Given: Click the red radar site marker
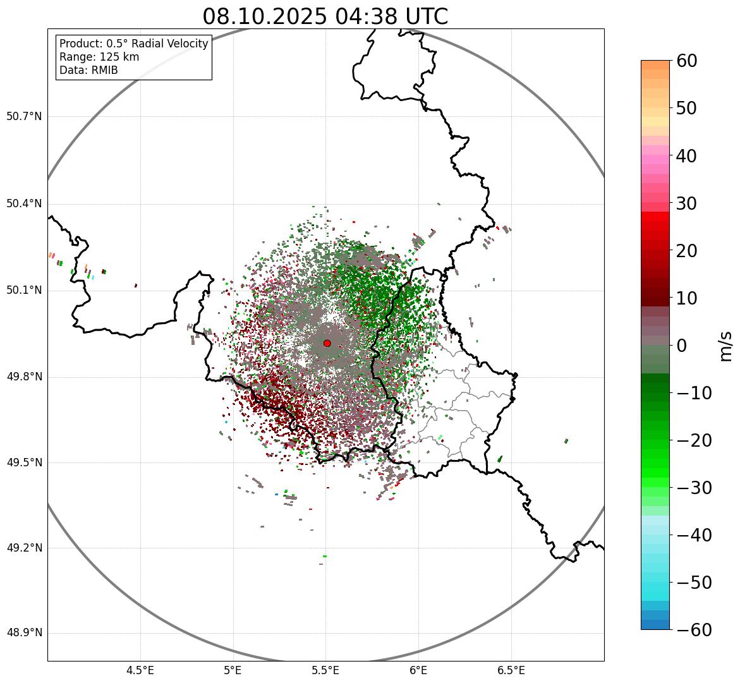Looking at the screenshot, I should click(x=327, y=343).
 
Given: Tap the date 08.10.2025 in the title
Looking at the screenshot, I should click(x=265, y=17).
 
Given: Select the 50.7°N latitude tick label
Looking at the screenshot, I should click(x=24, y=117).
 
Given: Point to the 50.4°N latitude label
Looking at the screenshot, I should click(x=24, y=204).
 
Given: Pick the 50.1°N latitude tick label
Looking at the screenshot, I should click(x=24, y=291).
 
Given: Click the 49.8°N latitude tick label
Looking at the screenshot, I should click(x=24, y=377).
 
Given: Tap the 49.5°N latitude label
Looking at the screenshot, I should click(x=24, y=463).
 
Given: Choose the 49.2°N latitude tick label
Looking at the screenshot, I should click(x=24, y=548).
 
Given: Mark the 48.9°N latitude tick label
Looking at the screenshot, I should click(x=24, y=634).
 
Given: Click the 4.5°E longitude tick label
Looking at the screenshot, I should click(x=140, y=670).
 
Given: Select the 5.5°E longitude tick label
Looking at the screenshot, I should click(x=325, y=670).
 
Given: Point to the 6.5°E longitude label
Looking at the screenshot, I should click(x=511, y=670).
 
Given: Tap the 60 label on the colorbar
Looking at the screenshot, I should click(x=688, y=61).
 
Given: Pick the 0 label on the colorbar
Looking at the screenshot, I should click(x=682, y=346).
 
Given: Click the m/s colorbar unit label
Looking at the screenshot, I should click(x=725, y=346).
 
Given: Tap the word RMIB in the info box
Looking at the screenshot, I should click(x=104, y=70).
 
